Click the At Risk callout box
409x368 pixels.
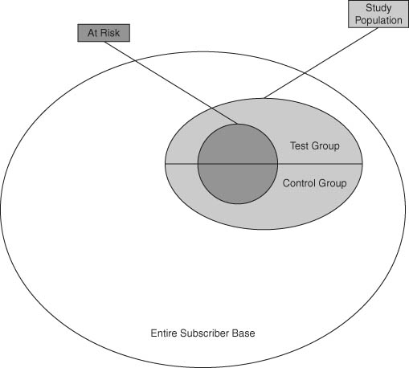(104, 33)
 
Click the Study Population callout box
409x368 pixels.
(378, 14)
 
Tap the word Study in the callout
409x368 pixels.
(378, 8)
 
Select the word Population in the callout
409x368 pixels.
(378, 20)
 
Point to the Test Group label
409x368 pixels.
(315, 146)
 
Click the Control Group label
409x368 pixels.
(314, 183)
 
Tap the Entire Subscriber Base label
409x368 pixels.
(202, 333)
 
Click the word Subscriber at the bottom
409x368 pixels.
(204, 333)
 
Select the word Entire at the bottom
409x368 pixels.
(164, 333)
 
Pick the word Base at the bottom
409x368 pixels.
(243, 333)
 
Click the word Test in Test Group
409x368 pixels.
(299, 146)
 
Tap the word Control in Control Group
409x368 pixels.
(300, 183)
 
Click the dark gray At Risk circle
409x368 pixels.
(238, 164)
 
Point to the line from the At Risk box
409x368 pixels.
(171, 83)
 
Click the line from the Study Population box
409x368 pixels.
(321, 63)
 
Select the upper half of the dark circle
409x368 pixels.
(238, 145)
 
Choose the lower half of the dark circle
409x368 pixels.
(238, 183)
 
